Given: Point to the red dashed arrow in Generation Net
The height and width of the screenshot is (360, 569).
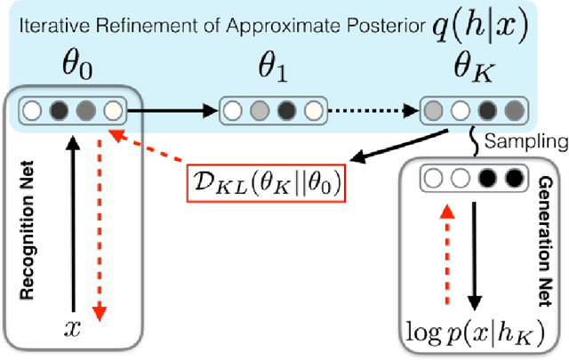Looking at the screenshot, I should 445,267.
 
